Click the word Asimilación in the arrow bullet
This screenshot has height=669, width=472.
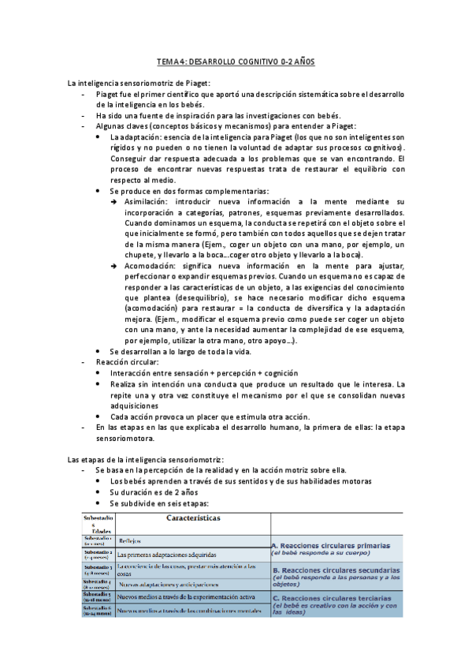click(x=145, y=202)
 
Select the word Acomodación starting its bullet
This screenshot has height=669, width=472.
click(x=148, y=266)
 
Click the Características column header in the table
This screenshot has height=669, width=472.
click(x=193, y=518)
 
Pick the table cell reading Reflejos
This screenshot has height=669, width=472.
click(x=130, y=541)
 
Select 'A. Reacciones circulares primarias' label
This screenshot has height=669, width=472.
click(x=331, y=545)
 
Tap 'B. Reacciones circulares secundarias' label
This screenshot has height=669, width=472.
click(x=335, y=569)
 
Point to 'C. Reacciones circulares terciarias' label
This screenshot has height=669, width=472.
click(x=331, y=597)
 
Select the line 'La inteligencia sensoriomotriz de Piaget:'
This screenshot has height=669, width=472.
click(x=139, y=83)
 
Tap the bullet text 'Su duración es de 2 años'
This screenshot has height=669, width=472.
click(x=154, y=491)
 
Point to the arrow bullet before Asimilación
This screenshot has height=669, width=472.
click(x=115, y=203)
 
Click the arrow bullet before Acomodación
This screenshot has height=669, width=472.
click(x=115, y=267)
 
